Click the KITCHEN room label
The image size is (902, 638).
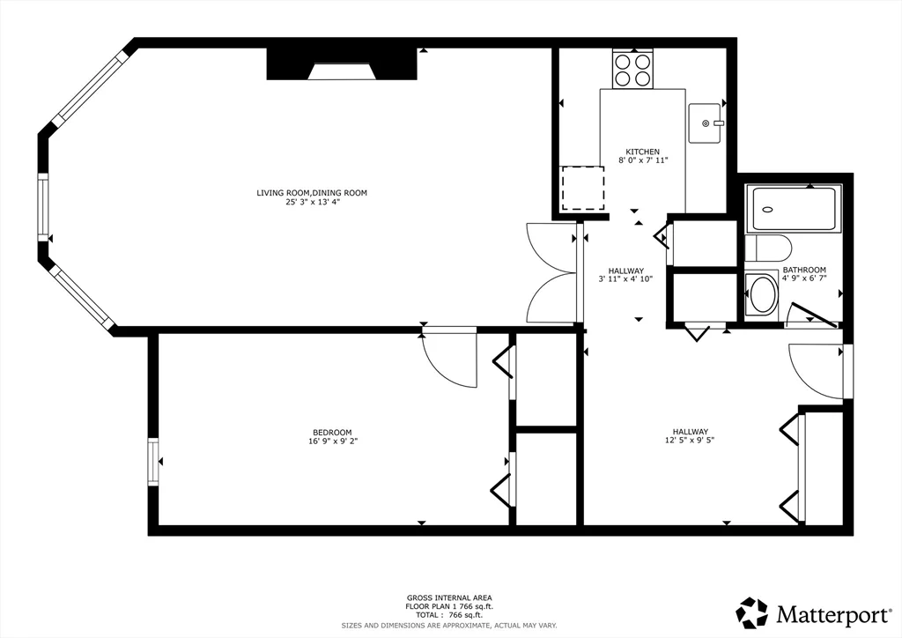[642, 152]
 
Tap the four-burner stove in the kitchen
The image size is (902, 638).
[632, 69]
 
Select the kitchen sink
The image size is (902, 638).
[706, 123]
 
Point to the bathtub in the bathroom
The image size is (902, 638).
[794, 209]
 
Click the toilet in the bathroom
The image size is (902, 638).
[768, 248]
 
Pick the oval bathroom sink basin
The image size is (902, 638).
[762, 294]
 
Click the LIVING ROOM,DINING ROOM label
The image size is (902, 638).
[312, 193]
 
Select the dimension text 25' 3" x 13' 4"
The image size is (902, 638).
[309, 202]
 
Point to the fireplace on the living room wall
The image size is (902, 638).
[342, 63]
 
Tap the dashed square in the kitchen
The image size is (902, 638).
[583, 188]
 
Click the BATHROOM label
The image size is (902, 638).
[804, 270]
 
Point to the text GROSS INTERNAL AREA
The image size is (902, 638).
[449, 598]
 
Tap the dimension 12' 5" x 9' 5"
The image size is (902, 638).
[691, 440]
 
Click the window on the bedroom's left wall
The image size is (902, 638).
[153, 462]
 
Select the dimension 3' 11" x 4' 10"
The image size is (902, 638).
[626, 279]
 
